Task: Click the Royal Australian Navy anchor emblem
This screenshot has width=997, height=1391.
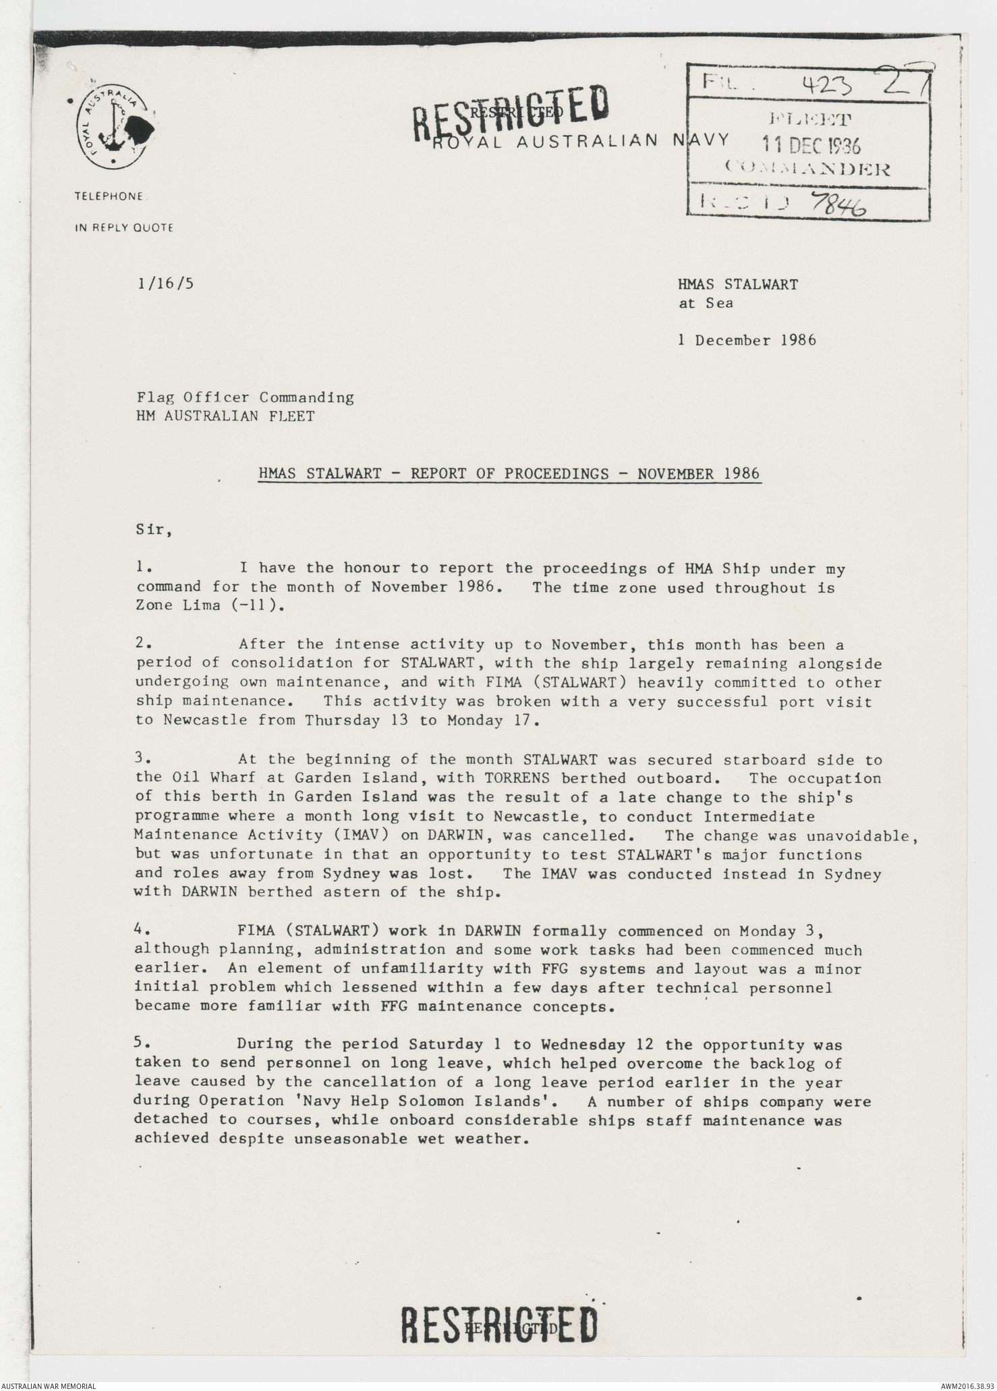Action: tap(111, 128)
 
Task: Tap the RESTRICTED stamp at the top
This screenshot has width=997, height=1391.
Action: tap(512, 113)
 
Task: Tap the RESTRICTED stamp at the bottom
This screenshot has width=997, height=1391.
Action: tap(499, 1324)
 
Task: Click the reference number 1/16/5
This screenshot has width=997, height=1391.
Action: tap(165, 283)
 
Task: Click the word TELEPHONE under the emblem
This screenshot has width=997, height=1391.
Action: tap(109, 196)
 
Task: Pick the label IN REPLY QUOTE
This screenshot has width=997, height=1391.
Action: tap(123, 228)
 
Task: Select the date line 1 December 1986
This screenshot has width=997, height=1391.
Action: tap(747, 340)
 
